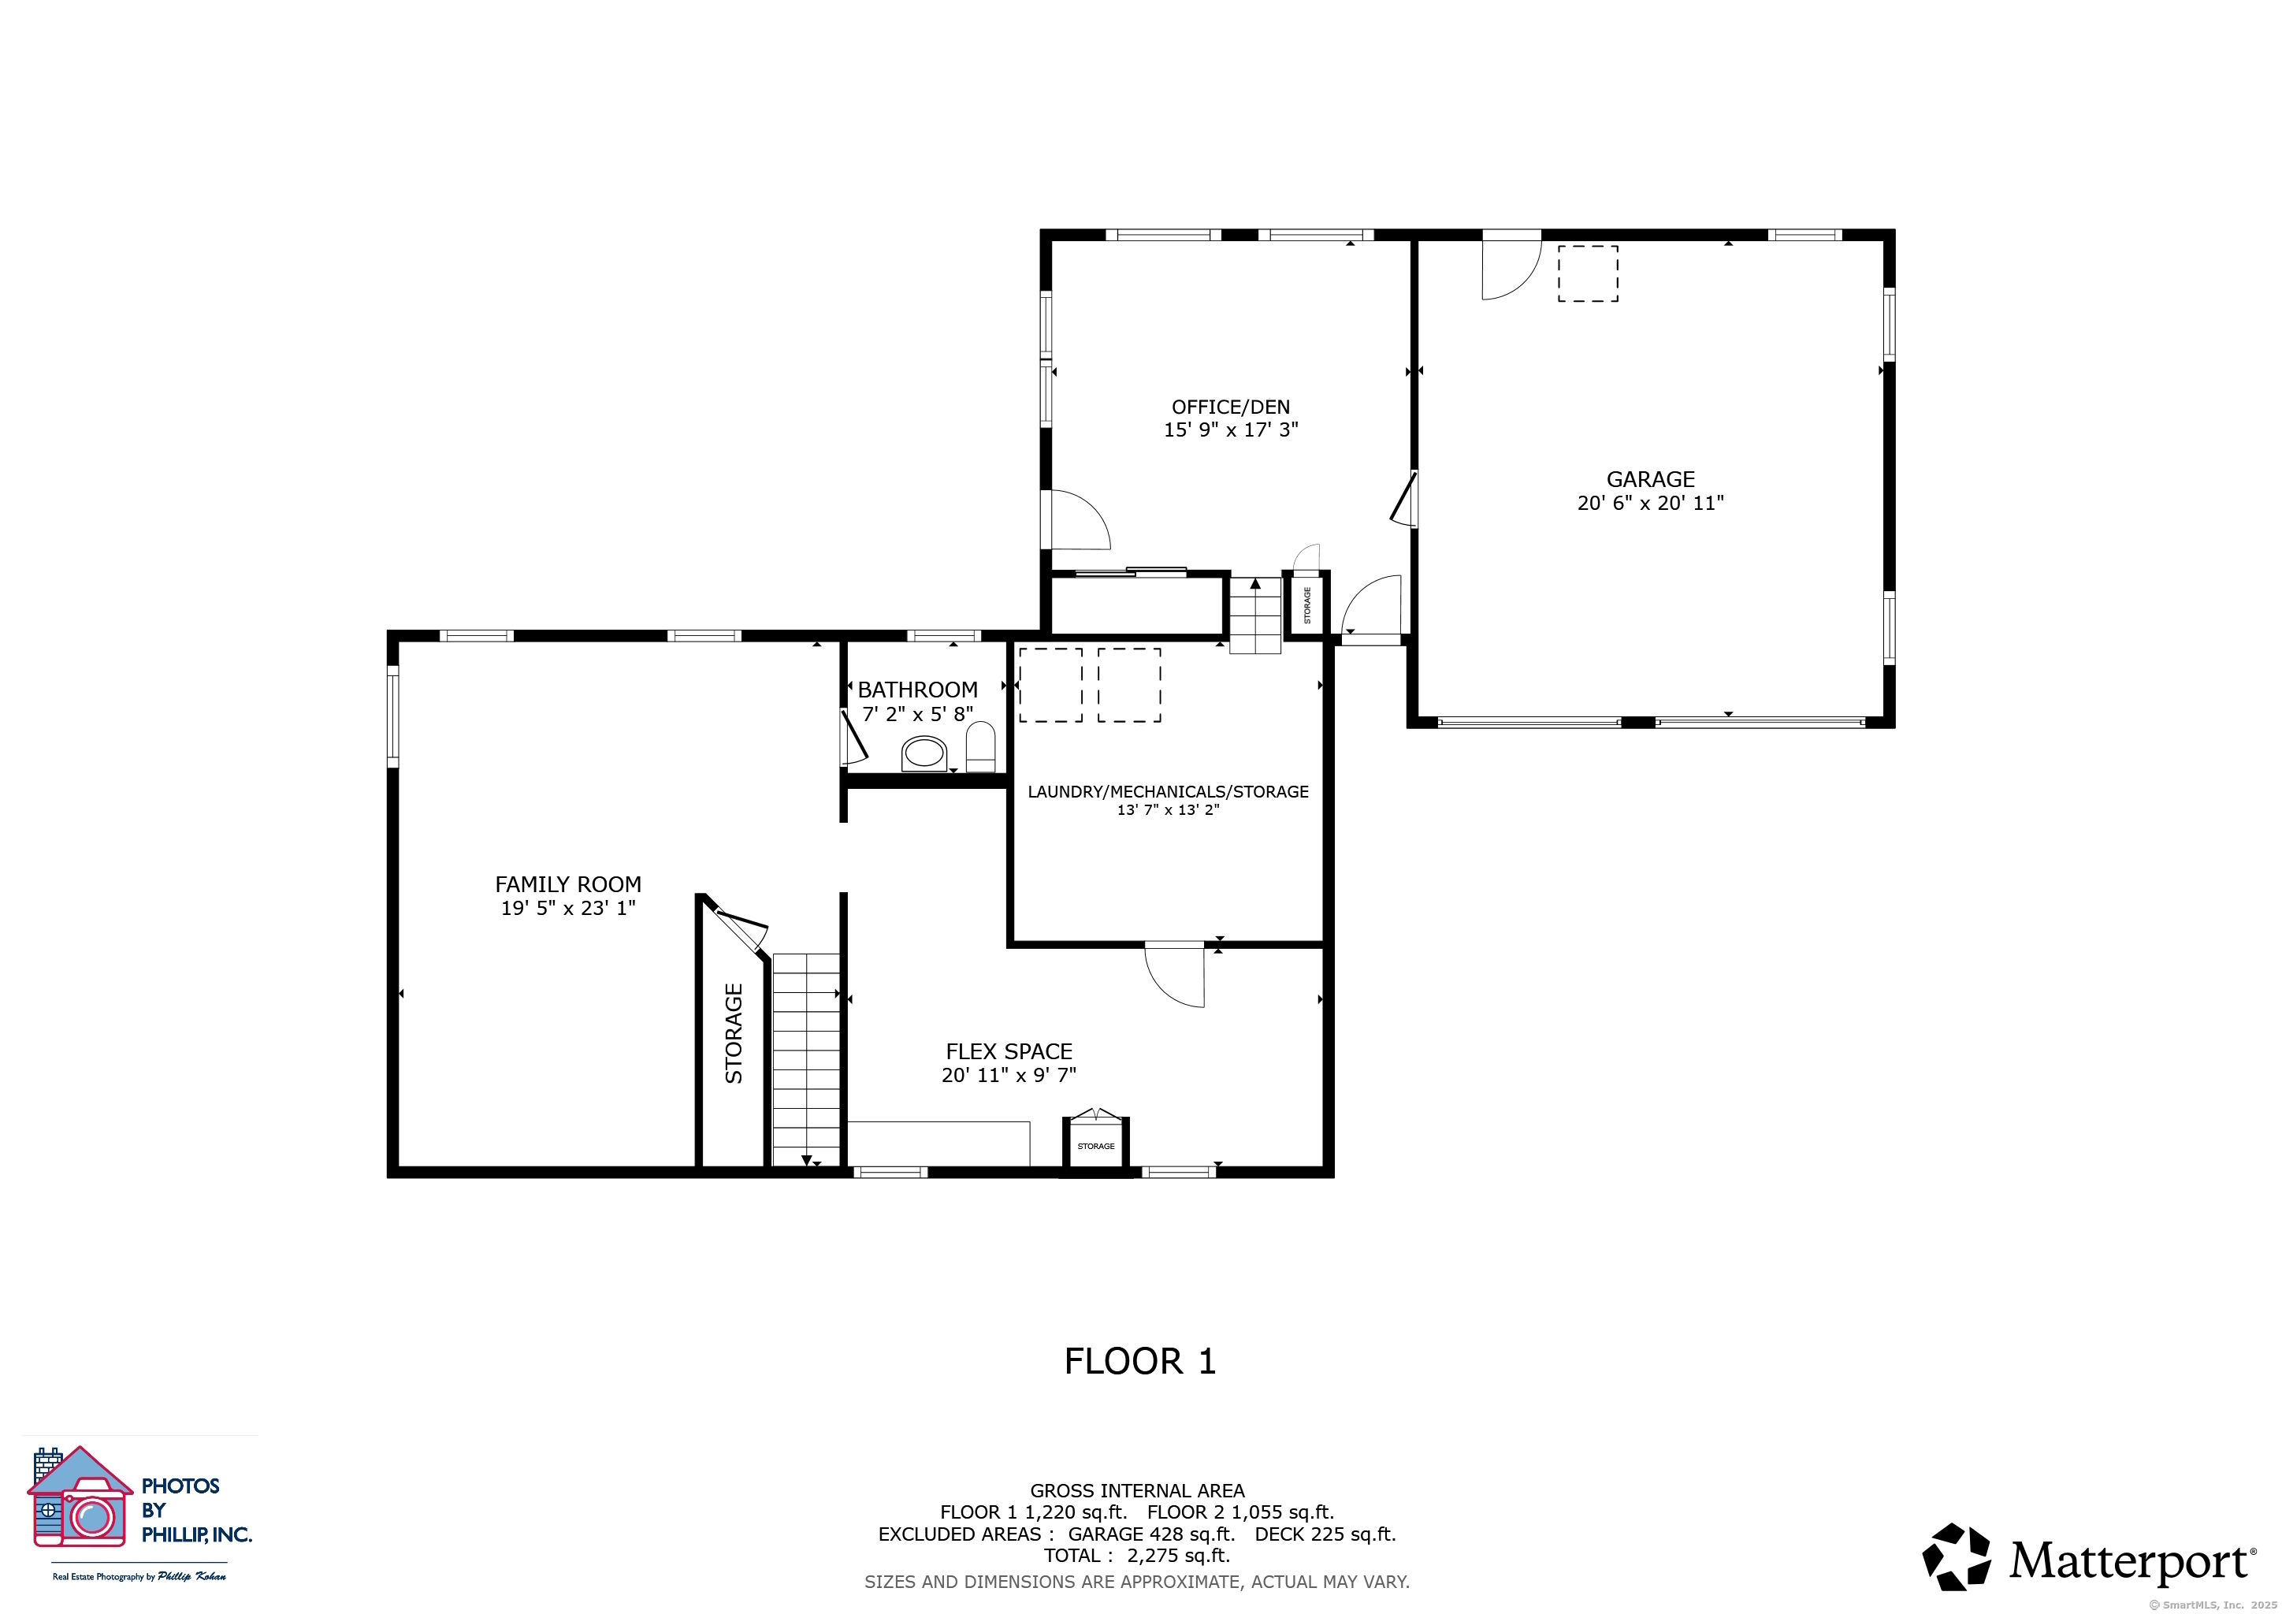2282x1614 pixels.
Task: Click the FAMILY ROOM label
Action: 567,883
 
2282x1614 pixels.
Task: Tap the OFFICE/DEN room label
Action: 1231,407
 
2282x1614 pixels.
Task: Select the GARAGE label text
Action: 1651,479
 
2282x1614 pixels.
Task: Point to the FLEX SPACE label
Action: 1009,1051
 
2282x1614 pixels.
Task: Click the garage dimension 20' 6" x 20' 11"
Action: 1651,503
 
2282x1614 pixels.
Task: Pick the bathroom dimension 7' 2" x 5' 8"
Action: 917,713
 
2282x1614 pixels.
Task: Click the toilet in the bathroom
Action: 981,746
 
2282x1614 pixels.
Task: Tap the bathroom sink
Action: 924,754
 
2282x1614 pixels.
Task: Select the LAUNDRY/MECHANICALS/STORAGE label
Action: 1168,791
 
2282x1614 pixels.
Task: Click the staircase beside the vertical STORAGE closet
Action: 806,1059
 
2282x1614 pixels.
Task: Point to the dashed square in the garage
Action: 1587,273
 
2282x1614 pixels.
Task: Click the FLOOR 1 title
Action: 1140,1360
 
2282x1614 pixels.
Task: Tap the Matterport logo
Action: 2087,1556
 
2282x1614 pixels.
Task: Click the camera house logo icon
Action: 80,1497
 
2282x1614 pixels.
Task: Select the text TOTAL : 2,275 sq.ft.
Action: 1137,1556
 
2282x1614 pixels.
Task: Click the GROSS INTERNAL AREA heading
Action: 1137,1491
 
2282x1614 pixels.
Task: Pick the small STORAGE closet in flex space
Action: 1096,1145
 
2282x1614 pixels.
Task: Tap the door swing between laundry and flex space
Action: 1175,975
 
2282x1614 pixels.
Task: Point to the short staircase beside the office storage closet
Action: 1255,615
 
